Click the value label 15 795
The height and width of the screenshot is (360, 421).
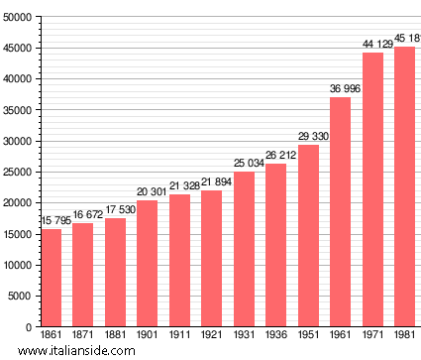tap(54, 221)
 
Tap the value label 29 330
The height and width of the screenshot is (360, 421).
tap(308, 137)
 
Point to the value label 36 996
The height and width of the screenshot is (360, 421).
tap(340, 89)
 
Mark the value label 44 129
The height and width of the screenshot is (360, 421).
tap(372, 45)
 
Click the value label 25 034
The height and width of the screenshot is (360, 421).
tap(244, 164)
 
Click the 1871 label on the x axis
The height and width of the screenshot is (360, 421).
tap(83, 335)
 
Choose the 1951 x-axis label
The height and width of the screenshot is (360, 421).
tap(308, 335)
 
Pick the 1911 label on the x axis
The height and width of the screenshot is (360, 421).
tap(179, 335)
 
